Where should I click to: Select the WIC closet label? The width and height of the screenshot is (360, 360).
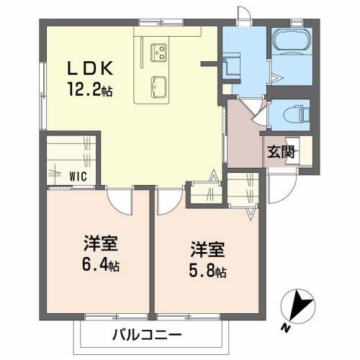(78, 175)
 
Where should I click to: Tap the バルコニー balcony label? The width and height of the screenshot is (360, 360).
(148, 335)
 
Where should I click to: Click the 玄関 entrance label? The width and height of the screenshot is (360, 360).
(279, 152)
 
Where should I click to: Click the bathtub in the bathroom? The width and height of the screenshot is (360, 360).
(292, 42)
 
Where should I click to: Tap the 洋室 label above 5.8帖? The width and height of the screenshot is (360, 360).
(207, 251)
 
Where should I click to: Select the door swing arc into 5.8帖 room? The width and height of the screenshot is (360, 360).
(165, 201)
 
